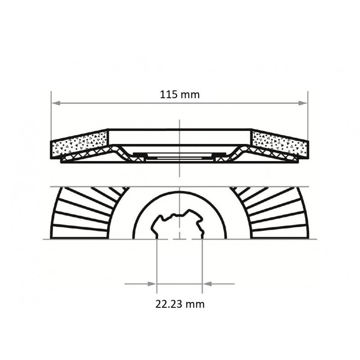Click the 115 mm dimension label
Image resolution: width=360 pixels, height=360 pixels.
click(180, 94)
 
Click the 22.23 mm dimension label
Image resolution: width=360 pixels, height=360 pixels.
click(180, 304)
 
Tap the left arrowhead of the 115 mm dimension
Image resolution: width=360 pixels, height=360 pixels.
click(55, 103)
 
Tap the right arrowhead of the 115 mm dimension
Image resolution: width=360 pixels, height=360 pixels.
click(304, 103)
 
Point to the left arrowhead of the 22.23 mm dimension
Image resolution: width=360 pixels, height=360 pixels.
click(152, 284)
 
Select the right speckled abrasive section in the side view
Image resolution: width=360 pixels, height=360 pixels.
click(280, 143)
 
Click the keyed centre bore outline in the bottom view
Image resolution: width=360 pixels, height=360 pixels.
click(179, 216)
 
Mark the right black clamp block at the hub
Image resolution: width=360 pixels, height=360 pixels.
click(220, 155)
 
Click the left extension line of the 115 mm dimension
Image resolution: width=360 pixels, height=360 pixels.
click(51, 117)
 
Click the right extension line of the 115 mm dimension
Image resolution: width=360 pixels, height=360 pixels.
click(308, 117)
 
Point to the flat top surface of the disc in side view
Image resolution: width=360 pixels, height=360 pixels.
click(180, 130)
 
